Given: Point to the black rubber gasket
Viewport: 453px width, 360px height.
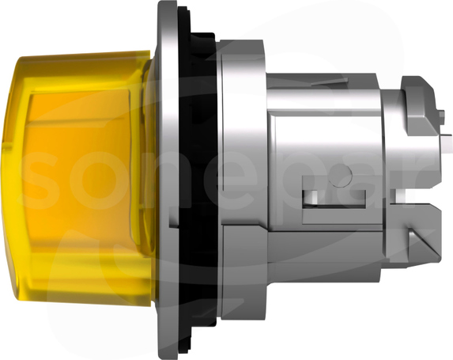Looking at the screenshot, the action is tap(199, 180).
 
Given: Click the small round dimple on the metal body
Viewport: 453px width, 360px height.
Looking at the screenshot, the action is tap(340, 175).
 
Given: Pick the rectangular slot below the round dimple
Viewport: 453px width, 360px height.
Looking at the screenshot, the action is tap(334, 199).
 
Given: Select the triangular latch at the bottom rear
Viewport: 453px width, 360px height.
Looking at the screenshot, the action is tap(422, 243).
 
